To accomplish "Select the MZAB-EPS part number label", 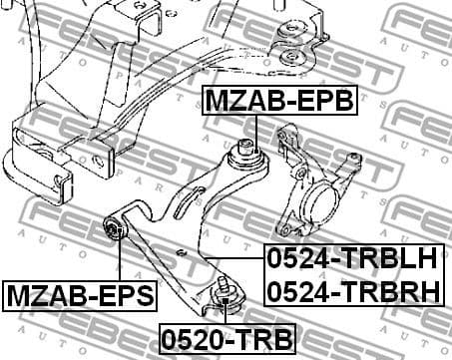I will [x=81, y=295].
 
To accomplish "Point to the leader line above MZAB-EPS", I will [x=120, y=260].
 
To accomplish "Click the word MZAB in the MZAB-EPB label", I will [x=238, y=100].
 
